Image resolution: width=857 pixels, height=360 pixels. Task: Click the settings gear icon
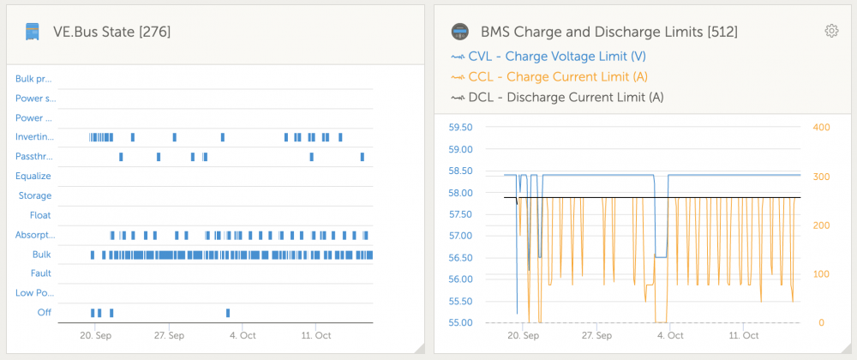pos(831,31)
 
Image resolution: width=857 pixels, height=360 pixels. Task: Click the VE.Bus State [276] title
pos(112,33)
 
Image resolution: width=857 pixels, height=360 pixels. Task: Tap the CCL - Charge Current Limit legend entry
pos(548,76)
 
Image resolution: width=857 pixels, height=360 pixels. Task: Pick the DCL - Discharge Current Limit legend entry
pos(557,97)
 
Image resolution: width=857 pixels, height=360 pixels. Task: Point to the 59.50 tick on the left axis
pos(459,127)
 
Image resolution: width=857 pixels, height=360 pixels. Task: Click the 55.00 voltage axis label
pos(459,322)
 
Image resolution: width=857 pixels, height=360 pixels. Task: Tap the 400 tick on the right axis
pos(822,127)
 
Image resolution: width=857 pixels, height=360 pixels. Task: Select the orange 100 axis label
pos(822,273)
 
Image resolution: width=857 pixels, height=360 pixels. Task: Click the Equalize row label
pos(33,176)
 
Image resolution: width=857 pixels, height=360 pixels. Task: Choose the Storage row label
pos(35,195)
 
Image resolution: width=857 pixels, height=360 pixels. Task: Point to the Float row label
pos(40,215)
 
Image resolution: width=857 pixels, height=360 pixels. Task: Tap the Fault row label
pos(41,273)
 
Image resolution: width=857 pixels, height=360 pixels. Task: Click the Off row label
pos(45,313)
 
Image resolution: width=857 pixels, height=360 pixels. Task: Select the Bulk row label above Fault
pos(41,255)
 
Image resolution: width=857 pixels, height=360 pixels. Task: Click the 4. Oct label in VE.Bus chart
pos(243,335)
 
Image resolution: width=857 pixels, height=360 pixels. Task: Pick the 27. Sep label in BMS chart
pos(597,335)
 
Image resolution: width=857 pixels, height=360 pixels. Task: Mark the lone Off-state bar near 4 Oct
pos(228,313)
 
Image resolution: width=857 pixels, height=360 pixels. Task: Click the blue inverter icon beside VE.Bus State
pos(33,32)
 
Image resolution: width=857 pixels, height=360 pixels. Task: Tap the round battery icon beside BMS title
pos(460,32)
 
